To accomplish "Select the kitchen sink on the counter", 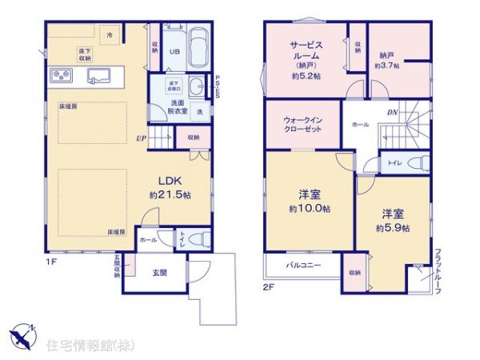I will point(99,77).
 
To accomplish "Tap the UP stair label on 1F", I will point(140,138).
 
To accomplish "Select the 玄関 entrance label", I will point(159,273).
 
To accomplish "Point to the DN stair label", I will point(393,112).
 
